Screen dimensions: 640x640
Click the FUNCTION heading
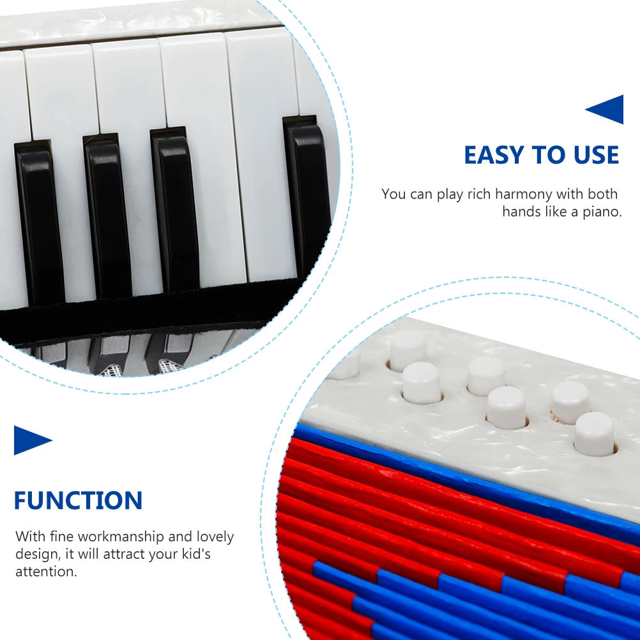pyautogui.click(x=78, y=500)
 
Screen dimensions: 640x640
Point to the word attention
pyautogui.click(x=46, y=571)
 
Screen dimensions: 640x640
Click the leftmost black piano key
pyautogui.click(x=40, y=217)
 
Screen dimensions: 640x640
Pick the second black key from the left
pyautogui.click(x=107, y=211)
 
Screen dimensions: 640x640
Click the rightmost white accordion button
pyautogui.click(x=594, y=433)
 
